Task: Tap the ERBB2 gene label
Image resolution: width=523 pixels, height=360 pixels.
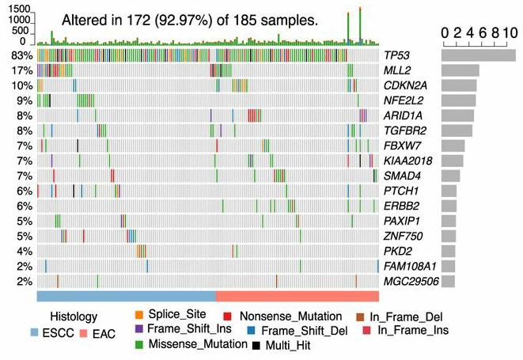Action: (x=400, y=206)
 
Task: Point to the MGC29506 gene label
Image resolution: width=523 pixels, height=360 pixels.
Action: (x=411, y=281)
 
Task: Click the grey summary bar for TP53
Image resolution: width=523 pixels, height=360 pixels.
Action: (x=478, y=55)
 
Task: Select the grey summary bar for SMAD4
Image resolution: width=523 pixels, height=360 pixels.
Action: (x=450, y=176)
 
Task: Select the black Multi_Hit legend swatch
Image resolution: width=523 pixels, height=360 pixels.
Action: (x=256, y=346)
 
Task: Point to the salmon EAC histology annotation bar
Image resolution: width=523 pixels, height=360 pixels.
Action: (x=297, y=295)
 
